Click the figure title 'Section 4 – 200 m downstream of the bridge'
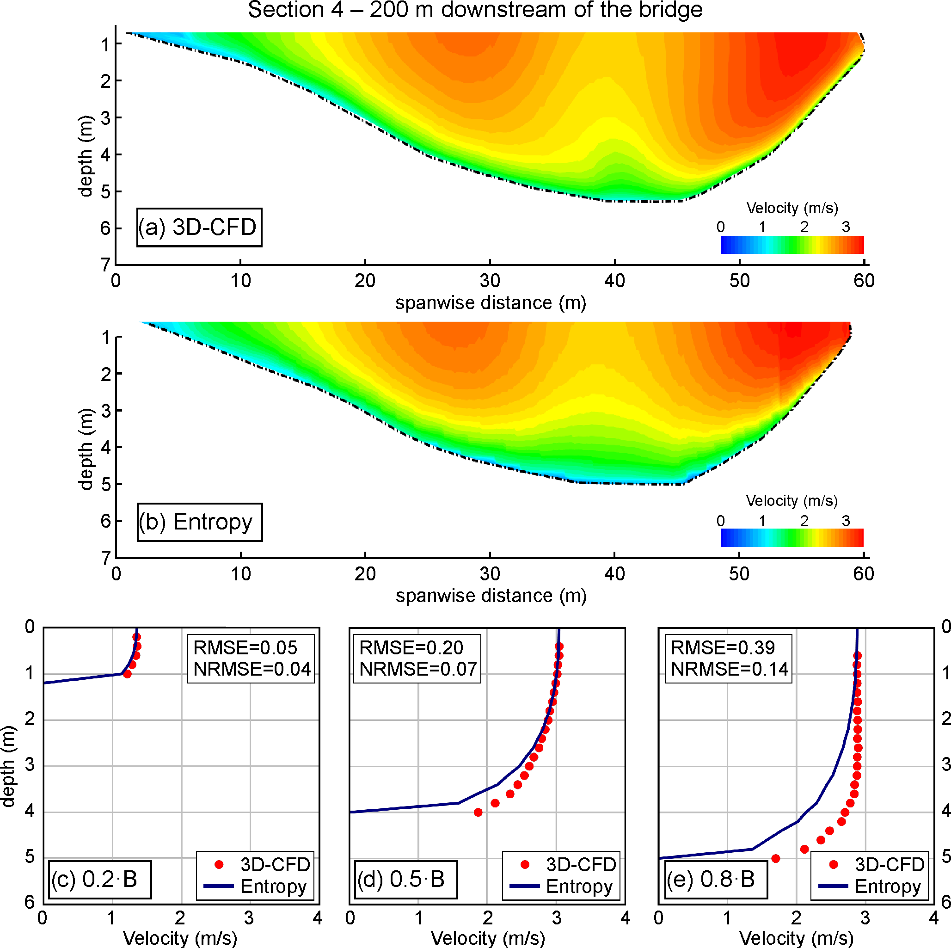(x=475, y=10)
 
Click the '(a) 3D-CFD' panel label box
(x=199, y=227)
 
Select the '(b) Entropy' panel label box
(x=199, y=522)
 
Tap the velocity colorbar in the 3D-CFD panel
(x=792, y=245)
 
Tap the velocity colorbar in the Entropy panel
(x=791, y=538)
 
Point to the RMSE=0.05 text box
(x=245, y=647)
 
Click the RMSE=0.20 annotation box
(x=411, y=647)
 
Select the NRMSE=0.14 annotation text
(x=730, y=669)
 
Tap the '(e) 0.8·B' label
(x=712, y=879)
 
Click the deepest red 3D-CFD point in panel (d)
(x=478, y=812)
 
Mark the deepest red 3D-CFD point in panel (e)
(x=776, y=858)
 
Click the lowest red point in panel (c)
(x=127, y=674)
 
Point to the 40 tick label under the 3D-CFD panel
(x=614, y=281)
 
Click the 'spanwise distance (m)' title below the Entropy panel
(x=491, y=596)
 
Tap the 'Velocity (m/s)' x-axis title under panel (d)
(x=488, y=938)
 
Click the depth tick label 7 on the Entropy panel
(x=106, y=558)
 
